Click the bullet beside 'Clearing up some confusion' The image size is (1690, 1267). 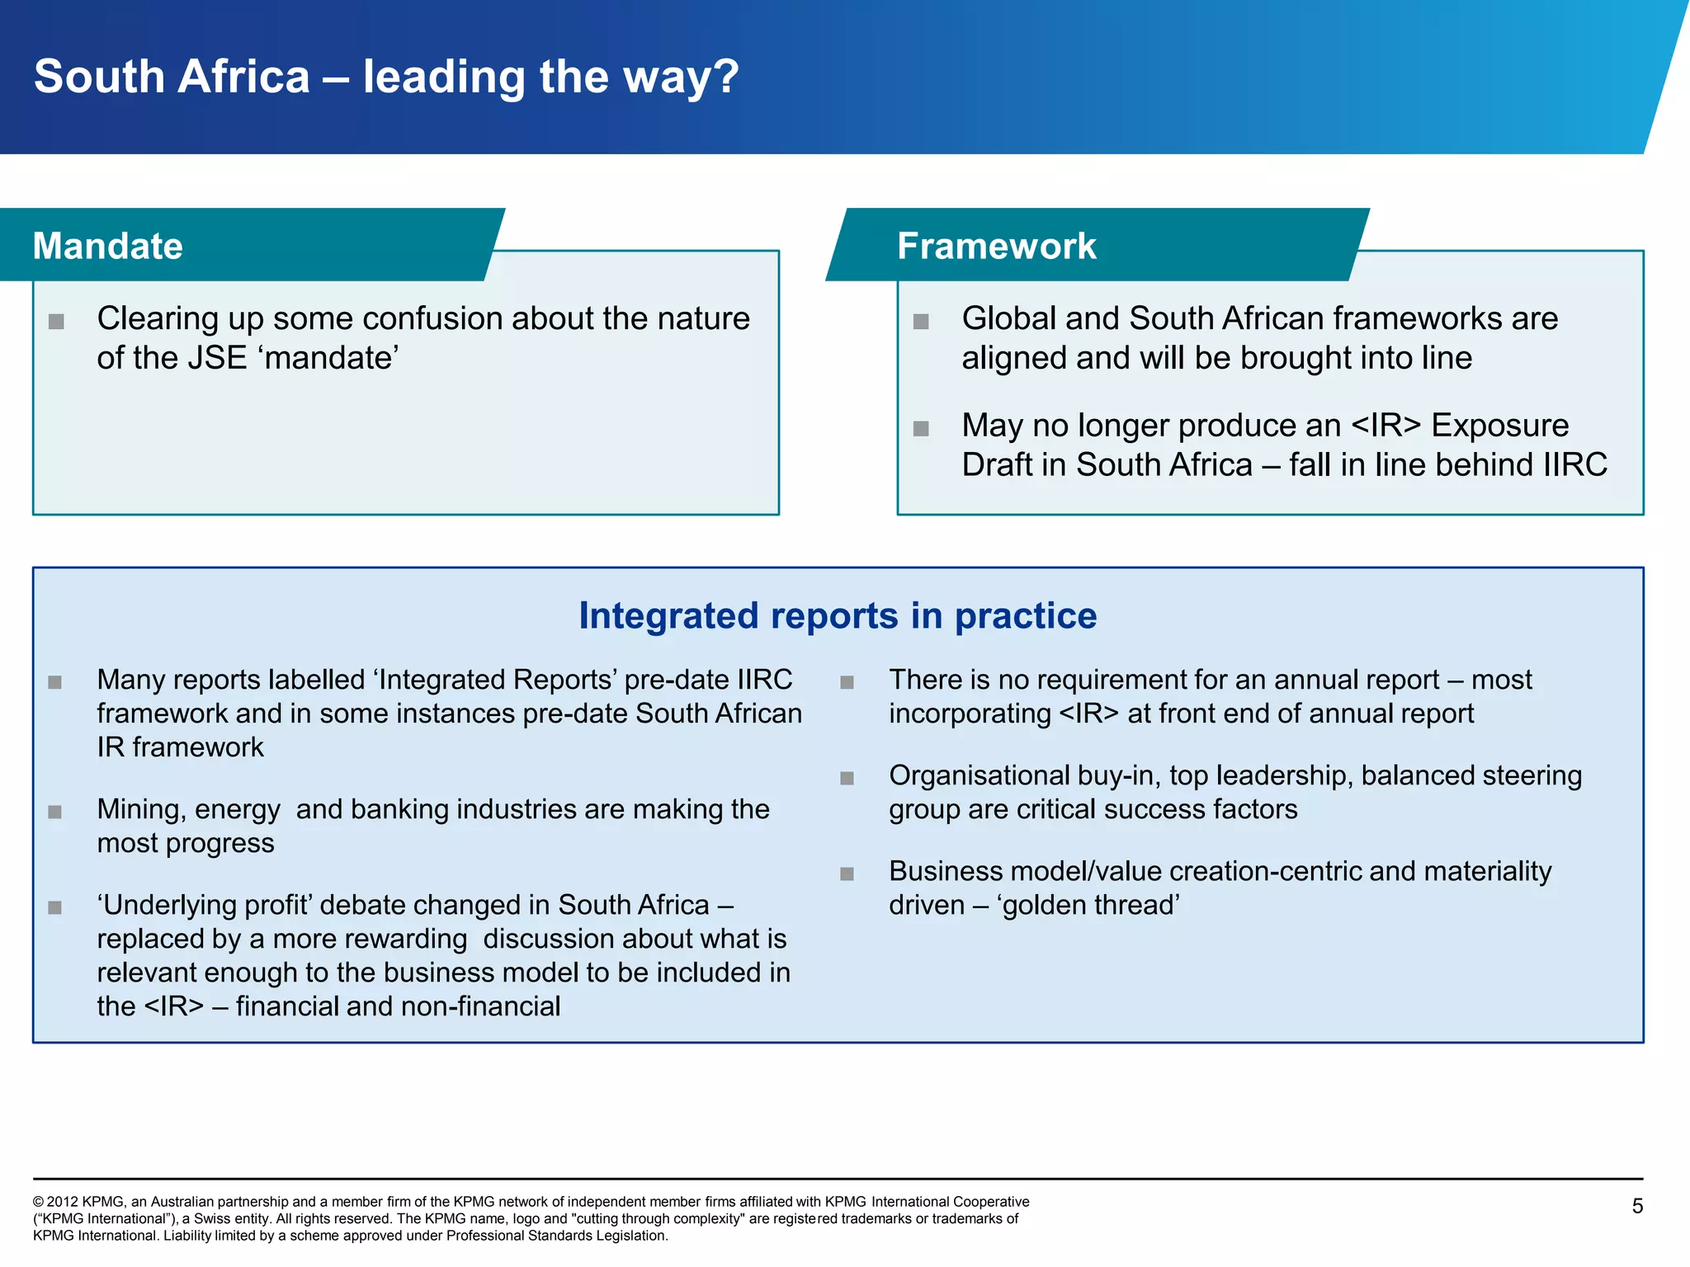click(x=56, y=321)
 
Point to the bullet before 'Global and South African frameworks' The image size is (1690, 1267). click(x=921, y=321)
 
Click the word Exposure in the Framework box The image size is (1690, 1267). click(x=1499, y=426)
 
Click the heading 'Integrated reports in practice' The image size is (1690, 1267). click(x=838, y=615)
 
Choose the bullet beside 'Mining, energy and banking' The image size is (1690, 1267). click(x=55, y=812)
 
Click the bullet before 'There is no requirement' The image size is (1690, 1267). click(x=847, y=682)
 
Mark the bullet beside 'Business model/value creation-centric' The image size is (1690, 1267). click(x=847, y=874)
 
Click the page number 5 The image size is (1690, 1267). click(x=1637, y=1206)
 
